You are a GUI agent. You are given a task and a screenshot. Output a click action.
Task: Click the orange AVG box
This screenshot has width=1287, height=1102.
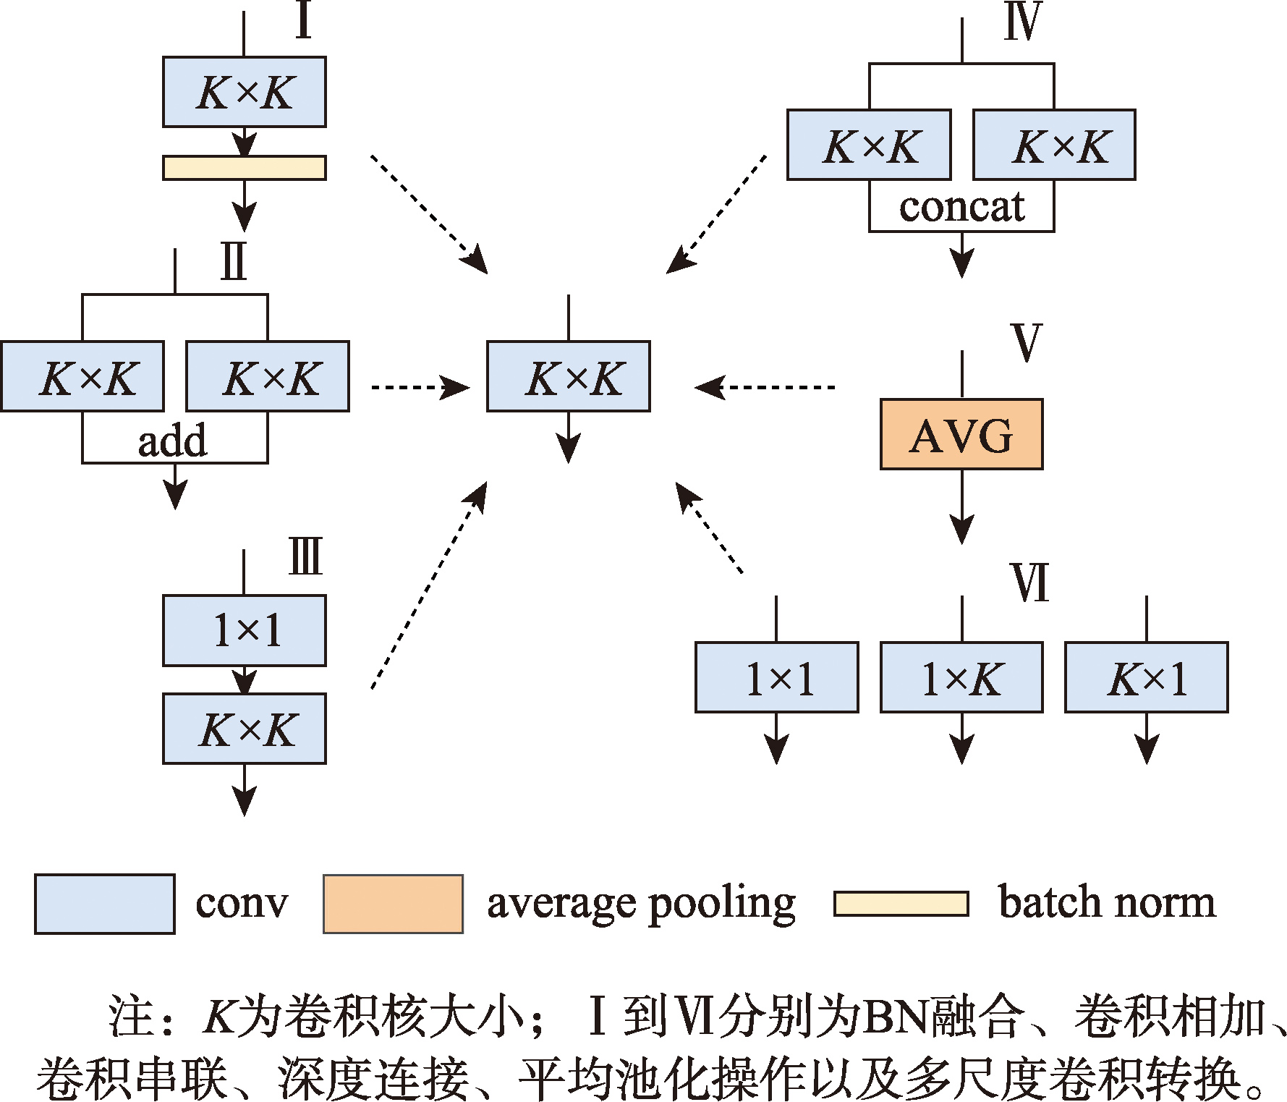961,434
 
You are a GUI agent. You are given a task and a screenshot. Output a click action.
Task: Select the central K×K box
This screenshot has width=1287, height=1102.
569,376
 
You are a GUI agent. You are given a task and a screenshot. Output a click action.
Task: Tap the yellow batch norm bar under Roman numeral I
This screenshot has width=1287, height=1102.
245,168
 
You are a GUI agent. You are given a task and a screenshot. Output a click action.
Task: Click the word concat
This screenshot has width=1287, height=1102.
961,208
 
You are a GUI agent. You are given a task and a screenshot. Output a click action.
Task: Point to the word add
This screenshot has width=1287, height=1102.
172,441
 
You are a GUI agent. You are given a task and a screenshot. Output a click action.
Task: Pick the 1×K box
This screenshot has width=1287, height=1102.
961,677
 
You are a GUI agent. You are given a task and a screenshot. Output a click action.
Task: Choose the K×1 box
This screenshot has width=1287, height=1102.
1147,677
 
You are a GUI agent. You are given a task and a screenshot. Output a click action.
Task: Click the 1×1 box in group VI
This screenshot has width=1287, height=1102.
777,677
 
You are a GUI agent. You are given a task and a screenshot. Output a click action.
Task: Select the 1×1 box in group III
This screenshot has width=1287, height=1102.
245,630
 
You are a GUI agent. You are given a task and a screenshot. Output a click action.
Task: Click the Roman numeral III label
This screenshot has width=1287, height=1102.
305,556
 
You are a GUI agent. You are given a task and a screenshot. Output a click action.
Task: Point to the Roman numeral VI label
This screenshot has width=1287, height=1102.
1029,582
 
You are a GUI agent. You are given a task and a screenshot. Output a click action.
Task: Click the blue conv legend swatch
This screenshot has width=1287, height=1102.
105,904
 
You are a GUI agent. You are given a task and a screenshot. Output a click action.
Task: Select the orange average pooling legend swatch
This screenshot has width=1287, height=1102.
393,904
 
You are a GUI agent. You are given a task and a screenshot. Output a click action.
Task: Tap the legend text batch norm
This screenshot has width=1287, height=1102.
1107,902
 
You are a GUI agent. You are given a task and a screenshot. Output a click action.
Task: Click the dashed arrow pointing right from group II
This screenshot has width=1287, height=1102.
420,388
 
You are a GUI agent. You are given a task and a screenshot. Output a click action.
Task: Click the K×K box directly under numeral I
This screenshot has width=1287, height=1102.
245,92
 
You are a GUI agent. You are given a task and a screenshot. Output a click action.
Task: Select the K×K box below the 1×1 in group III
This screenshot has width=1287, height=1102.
245,729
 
